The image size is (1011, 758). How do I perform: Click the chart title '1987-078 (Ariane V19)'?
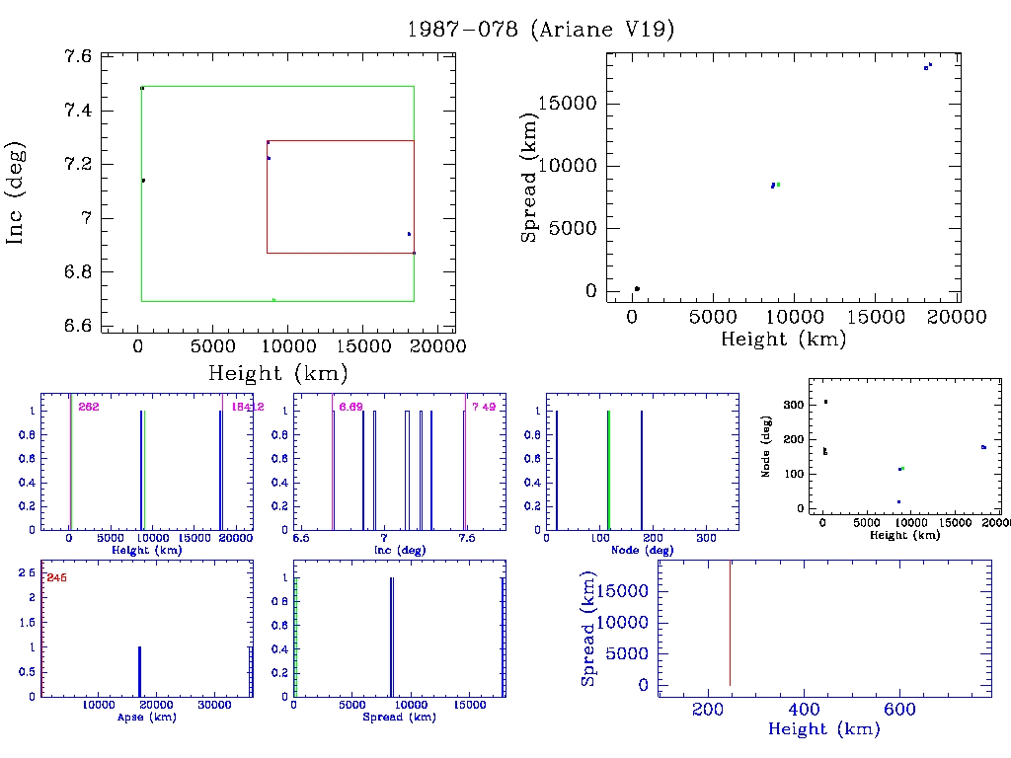[x=540, y=30]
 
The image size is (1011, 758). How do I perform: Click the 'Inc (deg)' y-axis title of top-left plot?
[x=16, y=192]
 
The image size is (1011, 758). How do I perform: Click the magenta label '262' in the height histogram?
[x=89, y=407]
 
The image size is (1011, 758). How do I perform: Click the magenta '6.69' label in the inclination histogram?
[x=351, y=407]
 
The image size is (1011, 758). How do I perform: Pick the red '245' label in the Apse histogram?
[x=56, y=577]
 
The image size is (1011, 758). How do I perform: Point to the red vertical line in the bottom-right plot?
[x=730, y=622]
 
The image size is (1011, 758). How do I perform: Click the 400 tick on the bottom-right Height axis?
[x=804, y=710]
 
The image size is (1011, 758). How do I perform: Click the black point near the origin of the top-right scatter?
[x=637, y=288]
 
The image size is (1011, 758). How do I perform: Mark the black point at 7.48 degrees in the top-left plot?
[x=142, y=88]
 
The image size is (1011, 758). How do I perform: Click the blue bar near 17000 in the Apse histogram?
[x=139, y=671]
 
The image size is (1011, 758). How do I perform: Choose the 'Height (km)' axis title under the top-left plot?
[x=277, y=373]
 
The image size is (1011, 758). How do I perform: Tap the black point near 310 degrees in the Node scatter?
[x=825, y=402]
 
